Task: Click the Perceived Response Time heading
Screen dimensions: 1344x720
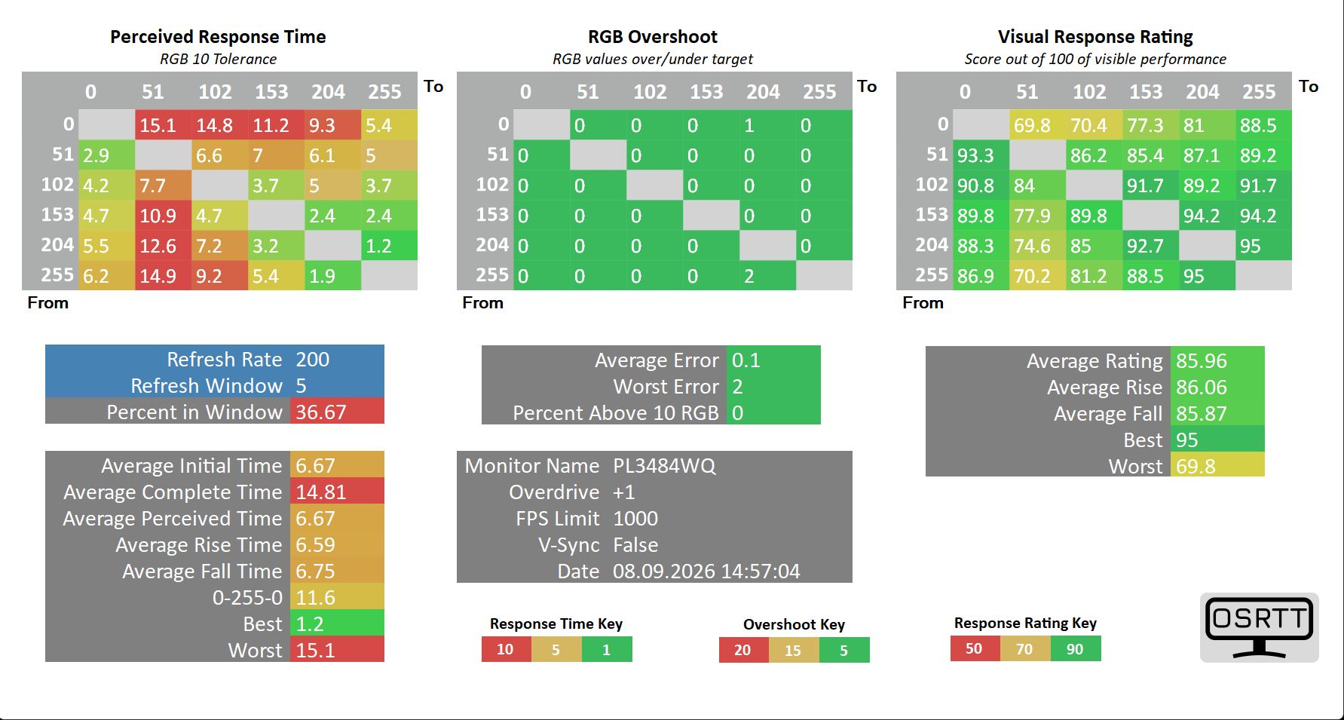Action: [218, 37]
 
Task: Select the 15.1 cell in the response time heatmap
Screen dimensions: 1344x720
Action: [163, 125]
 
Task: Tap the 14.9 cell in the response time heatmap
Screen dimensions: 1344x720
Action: [163, 276]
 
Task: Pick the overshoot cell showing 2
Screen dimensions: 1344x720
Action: [767, 276]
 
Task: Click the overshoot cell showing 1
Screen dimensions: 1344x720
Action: [767, 125]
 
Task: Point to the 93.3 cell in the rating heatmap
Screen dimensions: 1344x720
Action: [981, 155]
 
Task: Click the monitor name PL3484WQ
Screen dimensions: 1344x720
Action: [664, 466]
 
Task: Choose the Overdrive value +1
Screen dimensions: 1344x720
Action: [624, 492]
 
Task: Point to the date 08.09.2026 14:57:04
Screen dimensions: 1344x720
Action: [706, 571]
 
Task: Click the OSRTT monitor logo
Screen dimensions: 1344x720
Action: [1259, 627]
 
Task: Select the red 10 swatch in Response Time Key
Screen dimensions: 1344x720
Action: [506, 649]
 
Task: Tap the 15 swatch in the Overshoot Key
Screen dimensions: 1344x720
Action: [793, 650]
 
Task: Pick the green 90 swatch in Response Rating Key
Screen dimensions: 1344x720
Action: [1076, 648]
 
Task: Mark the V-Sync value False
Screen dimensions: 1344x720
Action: [635, 545]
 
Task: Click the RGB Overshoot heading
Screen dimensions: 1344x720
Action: [653, 37]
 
